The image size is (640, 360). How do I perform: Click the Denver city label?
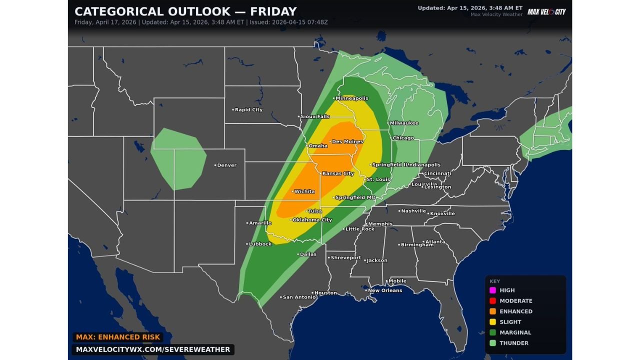click(x=226, y=165)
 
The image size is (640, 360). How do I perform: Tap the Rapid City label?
click(x=248, y=109)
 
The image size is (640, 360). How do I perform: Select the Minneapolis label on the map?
click(x=352, y=98)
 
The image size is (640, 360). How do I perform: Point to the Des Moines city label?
click(x=347, y=141)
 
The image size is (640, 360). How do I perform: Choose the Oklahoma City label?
click(x=312, y=219)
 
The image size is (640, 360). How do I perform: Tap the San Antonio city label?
click(x=299, y=297)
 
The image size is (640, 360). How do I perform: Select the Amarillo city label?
click(x=260, y=222)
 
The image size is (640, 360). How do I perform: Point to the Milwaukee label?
click(x=404, y=123)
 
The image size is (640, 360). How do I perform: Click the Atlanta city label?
click(x=435, y=241)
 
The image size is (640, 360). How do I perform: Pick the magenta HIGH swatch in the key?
click(x=492, y=290)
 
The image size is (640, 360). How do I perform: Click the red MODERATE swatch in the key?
click(x=492, y=300)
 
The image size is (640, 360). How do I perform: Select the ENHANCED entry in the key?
click(x=515, y=311)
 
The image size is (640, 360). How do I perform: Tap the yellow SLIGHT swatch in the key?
click(x=492, y=322)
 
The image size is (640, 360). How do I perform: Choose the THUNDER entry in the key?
click(x=513, y=343)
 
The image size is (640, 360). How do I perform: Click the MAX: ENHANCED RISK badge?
click(x=118, y=337)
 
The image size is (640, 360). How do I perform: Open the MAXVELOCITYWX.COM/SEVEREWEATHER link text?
click(x=153, y=349)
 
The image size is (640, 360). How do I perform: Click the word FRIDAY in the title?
click(x=268, y=11)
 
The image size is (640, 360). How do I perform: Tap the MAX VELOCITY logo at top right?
click(x=546, y=11)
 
